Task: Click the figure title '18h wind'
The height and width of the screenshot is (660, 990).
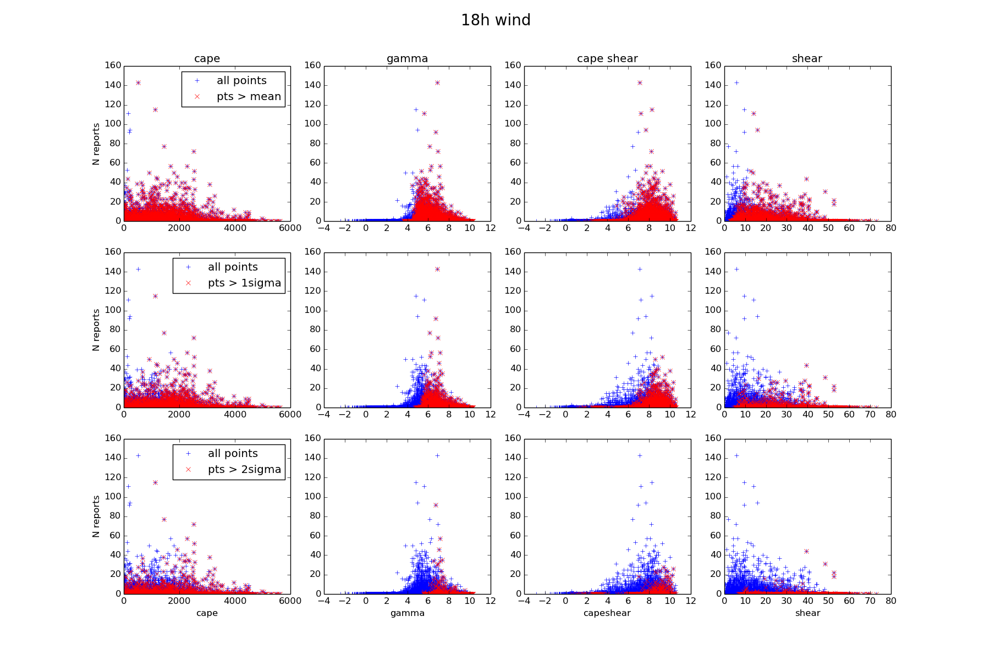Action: click(496, 20)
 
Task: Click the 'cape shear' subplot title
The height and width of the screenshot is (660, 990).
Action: click(607, 59)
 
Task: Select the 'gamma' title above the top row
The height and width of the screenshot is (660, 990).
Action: click(407, 59)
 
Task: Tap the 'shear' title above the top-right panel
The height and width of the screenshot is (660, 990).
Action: click(807, 59)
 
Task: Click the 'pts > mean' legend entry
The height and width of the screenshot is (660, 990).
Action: click(249, 97)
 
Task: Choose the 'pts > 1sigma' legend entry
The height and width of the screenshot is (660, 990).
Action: click(244, 283)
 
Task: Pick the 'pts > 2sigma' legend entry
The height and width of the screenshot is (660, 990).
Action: click(244, 470)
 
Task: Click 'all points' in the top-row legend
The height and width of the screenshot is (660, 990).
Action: click(241, 81)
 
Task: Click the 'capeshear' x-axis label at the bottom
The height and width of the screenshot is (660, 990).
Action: click(607, 613)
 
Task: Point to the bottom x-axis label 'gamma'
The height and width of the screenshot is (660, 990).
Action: click(407, 613)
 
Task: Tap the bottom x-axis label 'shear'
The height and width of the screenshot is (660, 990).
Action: click(807, 613)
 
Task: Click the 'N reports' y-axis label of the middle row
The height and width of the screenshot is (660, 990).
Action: click(96, 330)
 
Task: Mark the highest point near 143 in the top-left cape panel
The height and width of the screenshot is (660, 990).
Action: click(138, 83)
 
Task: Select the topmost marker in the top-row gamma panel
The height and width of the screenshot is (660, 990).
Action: click(437, 83)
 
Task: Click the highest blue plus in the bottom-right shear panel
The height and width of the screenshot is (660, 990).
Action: click(736, 456)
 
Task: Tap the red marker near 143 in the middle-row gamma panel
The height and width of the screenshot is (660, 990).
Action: click(437, 269)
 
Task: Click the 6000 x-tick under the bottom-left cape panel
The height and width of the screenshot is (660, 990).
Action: click(290, 601)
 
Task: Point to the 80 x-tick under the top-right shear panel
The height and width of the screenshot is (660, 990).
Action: click(891, 228)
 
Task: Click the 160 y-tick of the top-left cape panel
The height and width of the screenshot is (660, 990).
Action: click(113, 65)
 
